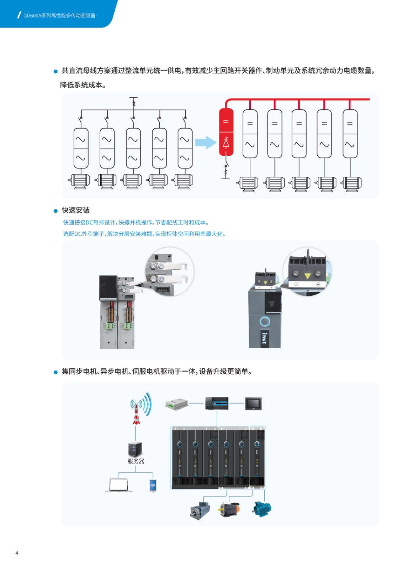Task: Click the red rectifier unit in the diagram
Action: point(226,132)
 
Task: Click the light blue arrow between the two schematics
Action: point(206,142)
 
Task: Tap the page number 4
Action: point(17,553)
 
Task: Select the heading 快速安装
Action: point(75,210)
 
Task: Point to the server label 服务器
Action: point(136,461)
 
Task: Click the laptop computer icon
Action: point(118,485)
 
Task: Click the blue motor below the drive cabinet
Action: point(262,509)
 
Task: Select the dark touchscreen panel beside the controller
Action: point(253,404)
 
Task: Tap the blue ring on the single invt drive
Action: point(265,322)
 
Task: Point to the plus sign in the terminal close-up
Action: point(318,284)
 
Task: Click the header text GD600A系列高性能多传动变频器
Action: point(59,16)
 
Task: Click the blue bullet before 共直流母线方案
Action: point(55,71)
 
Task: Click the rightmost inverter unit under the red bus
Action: point(350,134)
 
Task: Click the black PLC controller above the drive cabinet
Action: point(217,403)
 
